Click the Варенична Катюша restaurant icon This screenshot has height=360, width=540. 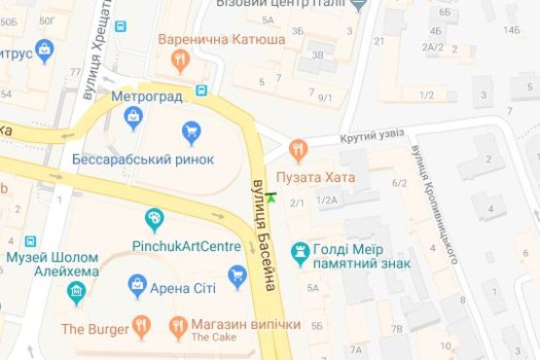[179, 61]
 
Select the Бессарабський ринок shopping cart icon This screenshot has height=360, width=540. [192, 130]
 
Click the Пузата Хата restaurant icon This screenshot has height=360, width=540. [298, 150]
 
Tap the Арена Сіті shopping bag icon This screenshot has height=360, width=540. [137, 286]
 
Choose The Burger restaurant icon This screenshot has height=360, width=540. [142, 326]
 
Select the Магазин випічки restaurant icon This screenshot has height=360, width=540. [178, 326]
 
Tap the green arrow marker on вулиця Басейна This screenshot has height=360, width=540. [270, 198]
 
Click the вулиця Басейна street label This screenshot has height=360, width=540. [264, 234]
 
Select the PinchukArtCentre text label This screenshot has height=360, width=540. [186, 246]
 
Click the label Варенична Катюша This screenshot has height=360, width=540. [222, 40]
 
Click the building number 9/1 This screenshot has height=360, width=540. [325, 97]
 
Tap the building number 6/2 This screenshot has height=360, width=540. [399, 182]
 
